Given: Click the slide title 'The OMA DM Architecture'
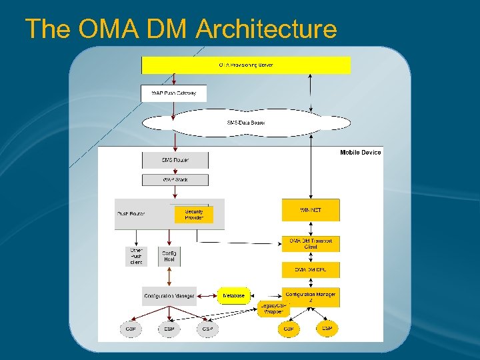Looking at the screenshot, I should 181,29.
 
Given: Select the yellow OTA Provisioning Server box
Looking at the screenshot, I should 245,65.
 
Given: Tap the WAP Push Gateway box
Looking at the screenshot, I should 174,93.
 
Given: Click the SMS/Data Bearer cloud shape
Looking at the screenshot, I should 246,123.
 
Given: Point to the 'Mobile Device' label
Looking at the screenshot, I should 360,153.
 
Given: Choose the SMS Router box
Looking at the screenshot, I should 175,160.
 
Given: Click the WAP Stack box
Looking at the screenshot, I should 175,180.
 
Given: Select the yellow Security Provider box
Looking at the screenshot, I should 194,215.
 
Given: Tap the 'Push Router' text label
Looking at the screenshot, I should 131,214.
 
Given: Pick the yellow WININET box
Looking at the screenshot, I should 311,210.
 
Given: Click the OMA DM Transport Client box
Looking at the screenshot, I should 311,243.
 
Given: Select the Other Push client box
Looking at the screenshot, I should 136,257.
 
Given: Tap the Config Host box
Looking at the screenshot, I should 169,257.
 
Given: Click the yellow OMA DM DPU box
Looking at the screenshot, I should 311,270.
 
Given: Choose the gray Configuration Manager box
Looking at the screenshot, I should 169,295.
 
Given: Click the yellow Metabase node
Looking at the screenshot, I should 234,295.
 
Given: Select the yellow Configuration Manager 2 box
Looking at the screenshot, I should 311,297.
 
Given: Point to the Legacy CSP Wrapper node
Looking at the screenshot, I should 274,309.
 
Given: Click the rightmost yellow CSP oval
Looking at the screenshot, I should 327,329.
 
